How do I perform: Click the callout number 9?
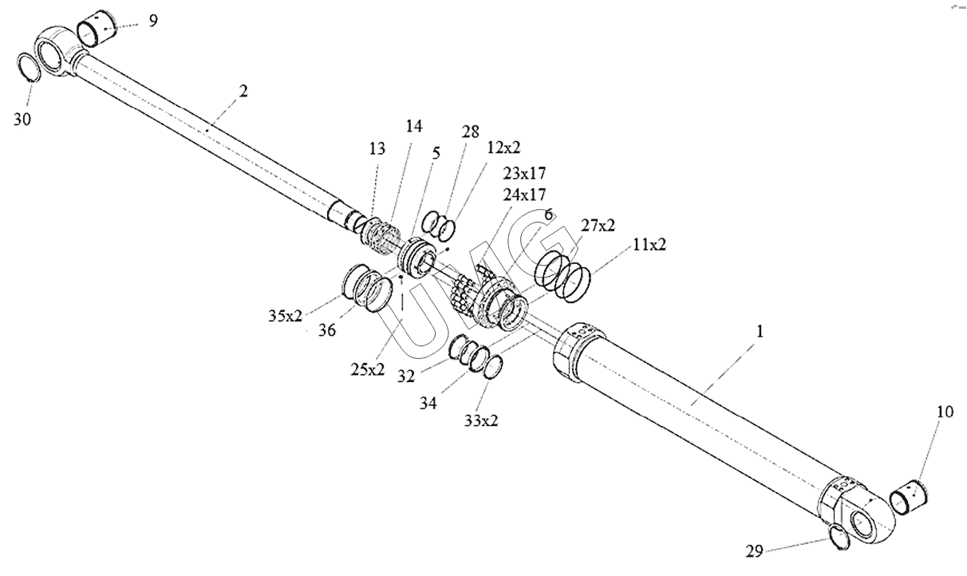coord(152,20)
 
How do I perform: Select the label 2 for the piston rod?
coord(243,90)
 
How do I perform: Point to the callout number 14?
coord(413,126)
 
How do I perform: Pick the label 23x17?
coord(523,172)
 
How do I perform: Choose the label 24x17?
coord(523,193)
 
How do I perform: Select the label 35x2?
coord(286,315)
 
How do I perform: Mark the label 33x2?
coord(481,420)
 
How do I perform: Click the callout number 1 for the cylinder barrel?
coord(760,331)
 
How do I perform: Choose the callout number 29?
coord(755,550)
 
